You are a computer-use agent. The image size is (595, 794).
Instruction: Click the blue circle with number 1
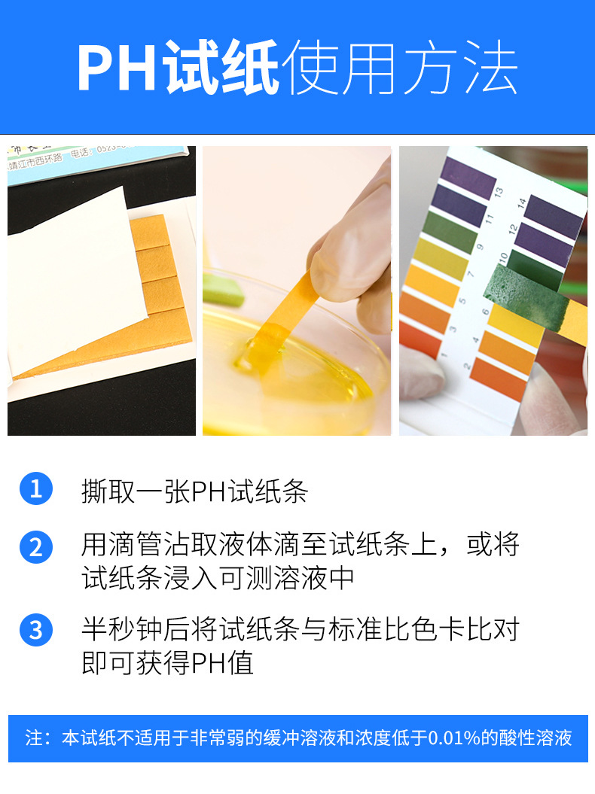point(36,489)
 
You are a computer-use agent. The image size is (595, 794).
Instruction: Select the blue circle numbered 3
point(36,629)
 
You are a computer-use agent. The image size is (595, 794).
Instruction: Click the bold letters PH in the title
point(120,70)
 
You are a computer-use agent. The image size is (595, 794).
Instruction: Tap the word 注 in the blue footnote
point(33,738)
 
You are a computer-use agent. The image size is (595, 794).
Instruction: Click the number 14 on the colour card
point(521,203)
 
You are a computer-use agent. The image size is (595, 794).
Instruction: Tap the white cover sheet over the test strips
point(75,278)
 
